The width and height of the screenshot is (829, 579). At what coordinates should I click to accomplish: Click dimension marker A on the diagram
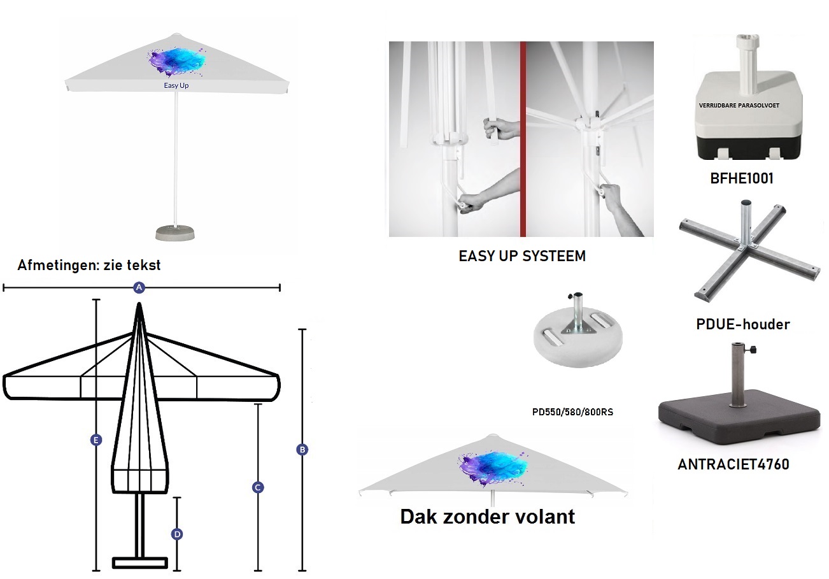click(139, 288)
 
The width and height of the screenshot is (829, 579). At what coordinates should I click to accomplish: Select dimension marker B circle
click(302, 450)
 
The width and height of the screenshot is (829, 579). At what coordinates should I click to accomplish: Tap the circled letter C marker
click(258, 487)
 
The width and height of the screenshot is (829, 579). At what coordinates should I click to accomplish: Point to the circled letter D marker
click(177, 534)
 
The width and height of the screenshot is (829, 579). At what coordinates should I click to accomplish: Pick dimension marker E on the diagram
click(96, 440)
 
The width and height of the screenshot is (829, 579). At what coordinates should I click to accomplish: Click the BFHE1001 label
click(742, 179)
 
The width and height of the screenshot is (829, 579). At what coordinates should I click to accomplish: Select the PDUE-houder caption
click(743, 324)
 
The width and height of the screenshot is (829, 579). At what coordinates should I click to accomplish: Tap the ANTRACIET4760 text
click(733, 464)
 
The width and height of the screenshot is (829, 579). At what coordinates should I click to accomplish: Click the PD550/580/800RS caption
click(572, 412)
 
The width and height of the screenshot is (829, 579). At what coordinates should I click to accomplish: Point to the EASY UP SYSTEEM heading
click(522, 256)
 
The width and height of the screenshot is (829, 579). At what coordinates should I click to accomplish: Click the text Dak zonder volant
click(487, 517)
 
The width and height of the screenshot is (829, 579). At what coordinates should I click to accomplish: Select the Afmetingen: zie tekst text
click(89, 266)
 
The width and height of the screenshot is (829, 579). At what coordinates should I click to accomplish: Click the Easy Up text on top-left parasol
click(176, 85)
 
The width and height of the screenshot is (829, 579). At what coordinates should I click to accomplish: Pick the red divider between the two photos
click(523, 139)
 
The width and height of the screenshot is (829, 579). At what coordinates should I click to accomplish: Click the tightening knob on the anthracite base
click(753, 350)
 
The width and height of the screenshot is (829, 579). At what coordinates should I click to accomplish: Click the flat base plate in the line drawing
click(140, 563)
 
